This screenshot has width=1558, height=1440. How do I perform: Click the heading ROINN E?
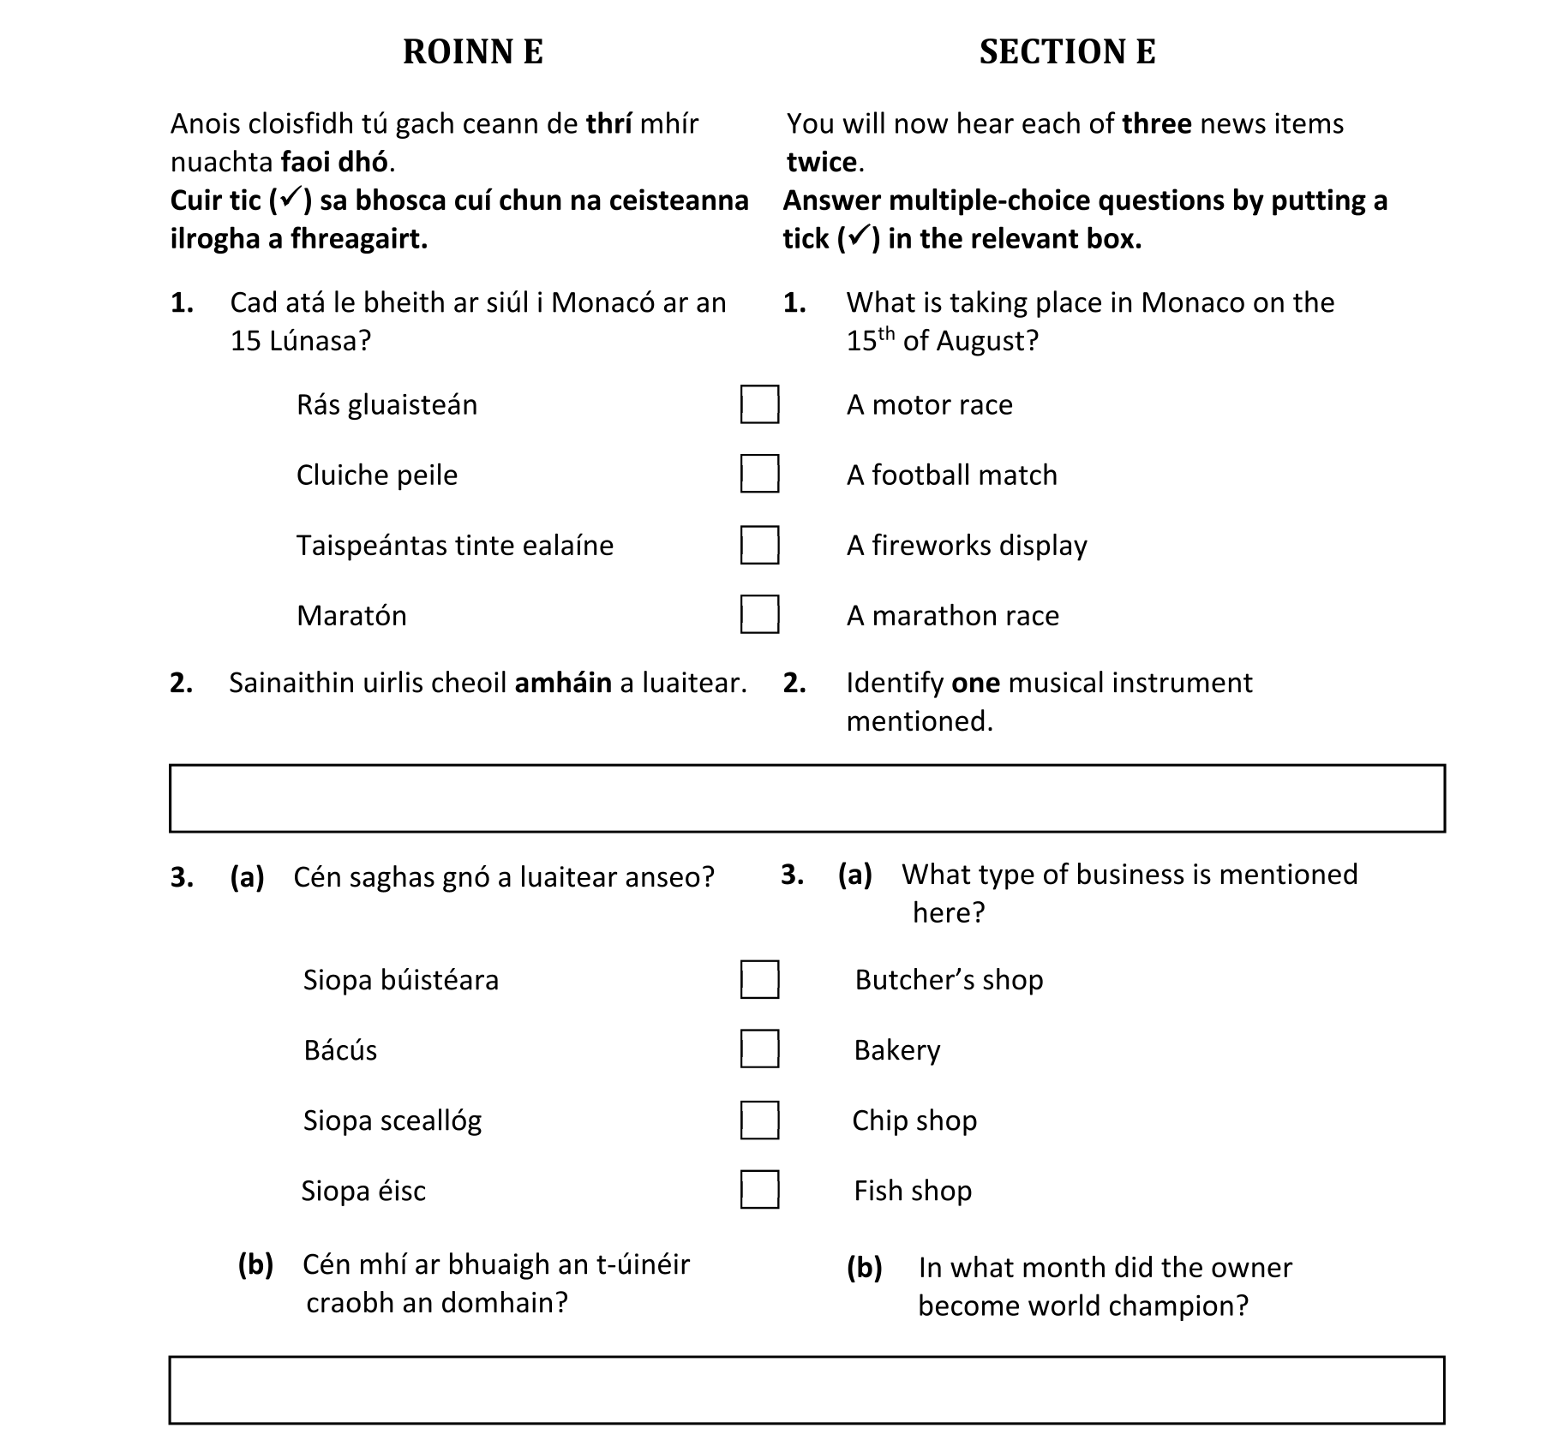point(472,52)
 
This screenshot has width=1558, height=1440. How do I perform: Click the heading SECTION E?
point(1067,52)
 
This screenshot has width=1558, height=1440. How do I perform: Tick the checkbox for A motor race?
point(759,404)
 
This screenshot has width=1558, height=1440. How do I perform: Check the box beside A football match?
point(759,475)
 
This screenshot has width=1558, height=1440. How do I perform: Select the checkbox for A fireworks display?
point(759,545)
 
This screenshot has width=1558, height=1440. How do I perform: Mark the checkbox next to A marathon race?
point(759,615)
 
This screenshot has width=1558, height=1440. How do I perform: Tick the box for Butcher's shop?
point(759,980)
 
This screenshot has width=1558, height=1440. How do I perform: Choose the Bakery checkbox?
point(759,1049)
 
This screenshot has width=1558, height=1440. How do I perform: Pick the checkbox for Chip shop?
point(759,1120)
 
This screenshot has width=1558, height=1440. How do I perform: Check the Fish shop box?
point(759,1190)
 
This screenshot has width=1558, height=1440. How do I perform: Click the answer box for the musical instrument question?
point(806,798)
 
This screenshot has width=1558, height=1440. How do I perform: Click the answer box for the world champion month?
point(806,1389)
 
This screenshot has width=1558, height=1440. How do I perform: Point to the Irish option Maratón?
point(351,616)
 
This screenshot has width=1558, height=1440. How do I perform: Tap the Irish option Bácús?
point(340,1050)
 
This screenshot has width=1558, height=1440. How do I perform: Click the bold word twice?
point(822,162)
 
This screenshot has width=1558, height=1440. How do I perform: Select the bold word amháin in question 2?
point(563,683)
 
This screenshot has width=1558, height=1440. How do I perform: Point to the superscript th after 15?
point(888,332)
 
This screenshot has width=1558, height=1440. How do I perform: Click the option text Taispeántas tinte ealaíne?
point(455,546)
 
